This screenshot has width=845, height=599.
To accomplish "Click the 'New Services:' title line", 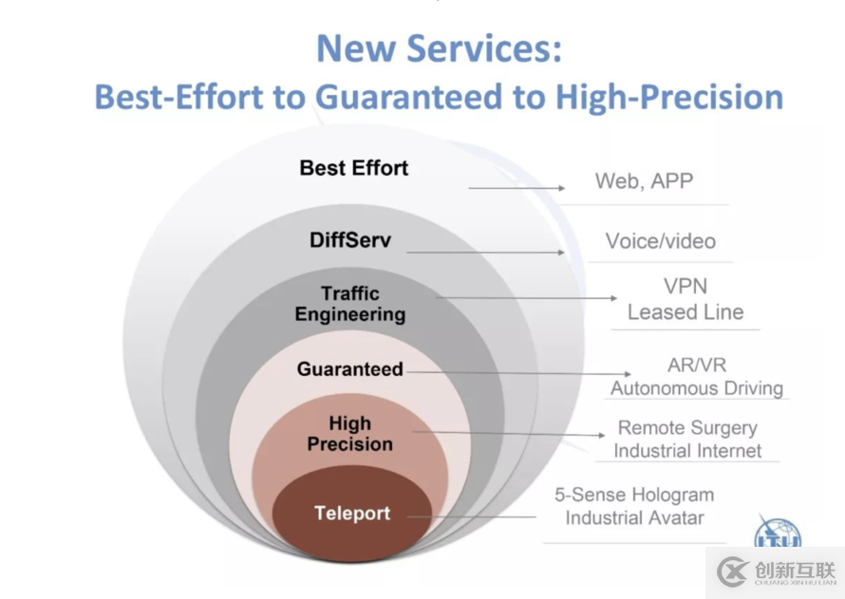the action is pyautogui.click(x=440, y=48).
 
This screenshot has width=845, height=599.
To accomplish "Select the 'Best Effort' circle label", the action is pyautogui.click(x=354, y=168).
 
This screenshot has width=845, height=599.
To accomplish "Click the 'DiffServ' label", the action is pyautogui.click(x=350, y=240).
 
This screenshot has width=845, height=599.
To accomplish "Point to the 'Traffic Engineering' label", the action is pyautogui.click(x=350, y=304).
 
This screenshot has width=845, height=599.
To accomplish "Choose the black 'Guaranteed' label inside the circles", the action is pyautogui.click(x=350, y=369).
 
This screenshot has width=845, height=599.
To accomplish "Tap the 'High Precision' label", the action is pyautogui.click(x=350, y=434).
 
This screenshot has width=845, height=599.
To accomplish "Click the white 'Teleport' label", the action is pyautogui.click(x=352, y=513).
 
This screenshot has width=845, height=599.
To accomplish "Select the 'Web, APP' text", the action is pyautogui.click(x=644, y=181).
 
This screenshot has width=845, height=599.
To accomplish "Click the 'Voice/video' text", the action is pyautogui.click(x=661, y=241).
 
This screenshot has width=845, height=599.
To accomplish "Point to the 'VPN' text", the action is pyautogui.click(x=685, y=286).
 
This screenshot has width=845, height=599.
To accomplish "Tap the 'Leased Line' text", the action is pyautogui.click(x=685, y=312).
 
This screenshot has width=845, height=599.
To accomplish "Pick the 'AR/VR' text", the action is pyautogui.click(x=697, y=365).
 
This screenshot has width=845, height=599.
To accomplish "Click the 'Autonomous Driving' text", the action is pyautogui.click(x=697, y=388).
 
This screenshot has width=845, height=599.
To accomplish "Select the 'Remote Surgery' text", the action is pyautogui.click(x=687, y=428).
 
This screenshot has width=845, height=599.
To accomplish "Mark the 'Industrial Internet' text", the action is pyautogui.click(x=687, y=451).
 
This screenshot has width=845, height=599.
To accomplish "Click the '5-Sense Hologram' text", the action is pyautogui.click(x=634, y=495).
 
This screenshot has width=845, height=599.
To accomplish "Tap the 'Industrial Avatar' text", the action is pyautogui.click(x=634, y=518).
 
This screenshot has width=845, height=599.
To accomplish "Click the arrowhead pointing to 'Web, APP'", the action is pyautogui.click(x=561, y=188).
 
